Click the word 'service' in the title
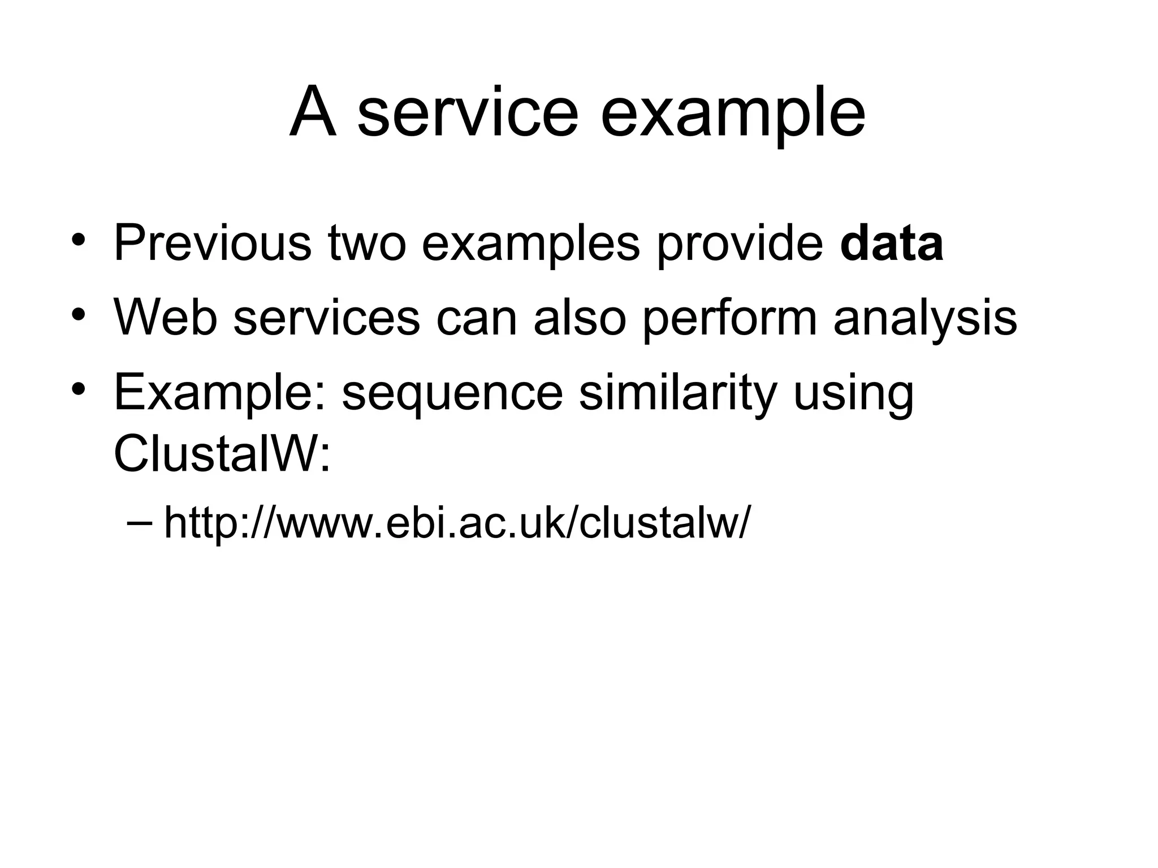(468, 112)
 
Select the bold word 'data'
(892, 244)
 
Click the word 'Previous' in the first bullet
(213, 244)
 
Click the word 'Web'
(166, 318)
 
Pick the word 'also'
(580, 318)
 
